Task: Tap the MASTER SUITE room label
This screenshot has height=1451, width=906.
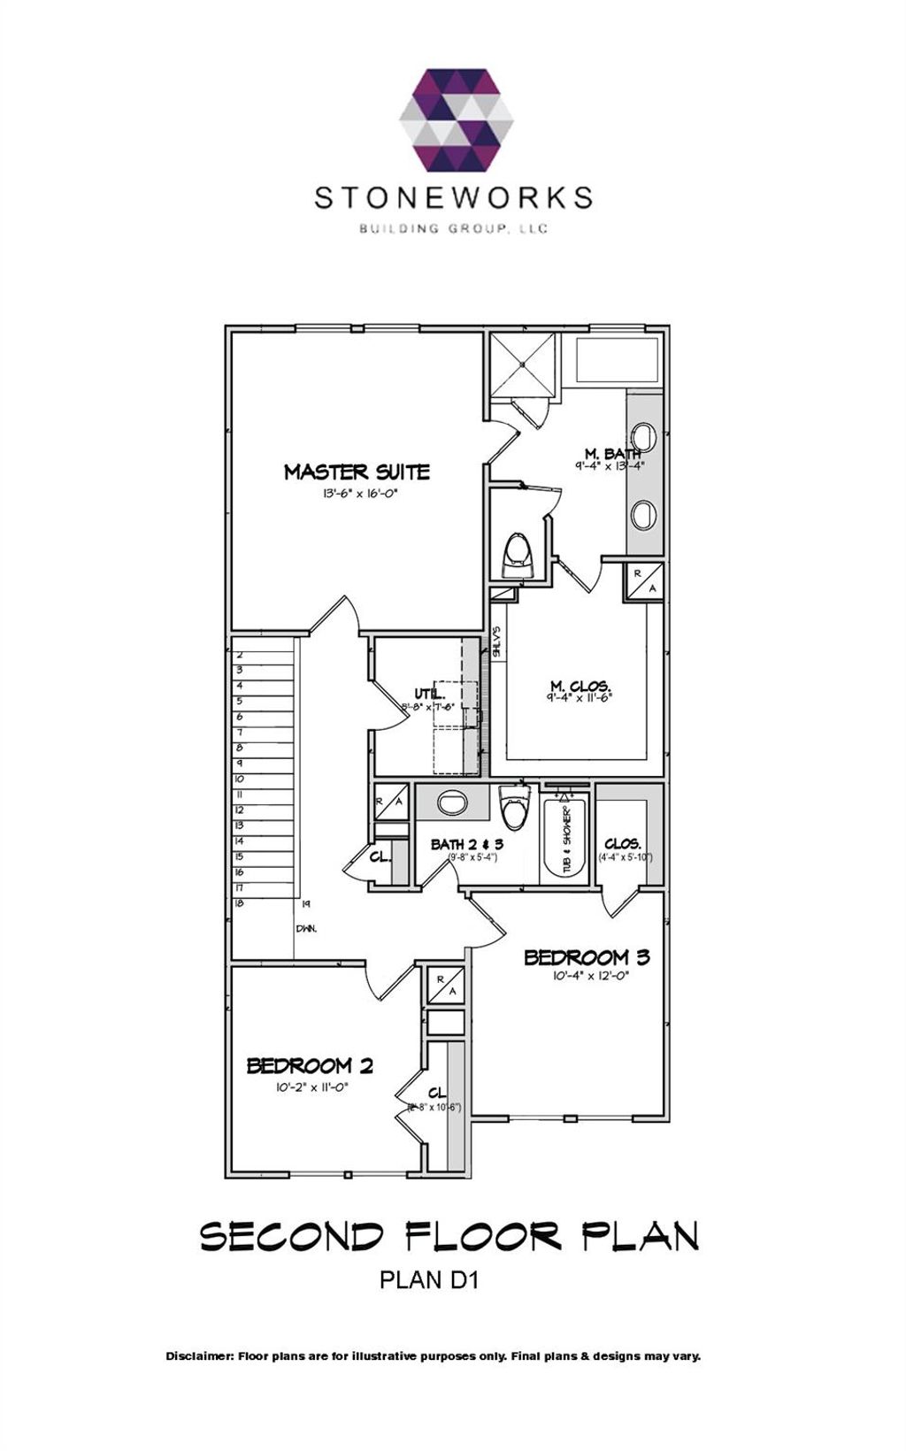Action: tap(357, 472)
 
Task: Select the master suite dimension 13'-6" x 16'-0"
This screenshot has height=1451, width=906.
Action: tap(357, 495)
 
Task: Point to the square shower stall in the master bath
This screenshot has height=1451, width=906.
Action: tap(524, 364)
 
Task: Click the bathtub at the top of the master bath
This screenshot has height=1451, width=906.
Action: tap(617, 360)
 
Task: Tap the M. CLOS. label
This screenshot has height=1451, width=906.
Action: tap(580, 686)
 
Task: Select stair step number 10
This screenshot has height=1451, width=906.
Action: tap(239, 779)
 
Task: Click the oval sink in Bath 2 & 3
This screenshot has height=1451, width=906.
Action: tap(452, 802)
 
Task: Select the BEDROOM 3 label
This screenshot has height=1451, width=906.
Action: tap(587, 957)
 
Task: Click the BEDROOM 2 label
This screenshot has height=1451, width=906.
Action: tap(310, 1065)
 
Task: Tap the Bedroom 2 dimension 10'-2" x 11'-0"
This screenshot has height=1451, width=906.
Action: tap(310, 1088)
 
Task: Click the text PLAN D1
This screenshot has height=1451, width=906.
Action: tap(428, 1279)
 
